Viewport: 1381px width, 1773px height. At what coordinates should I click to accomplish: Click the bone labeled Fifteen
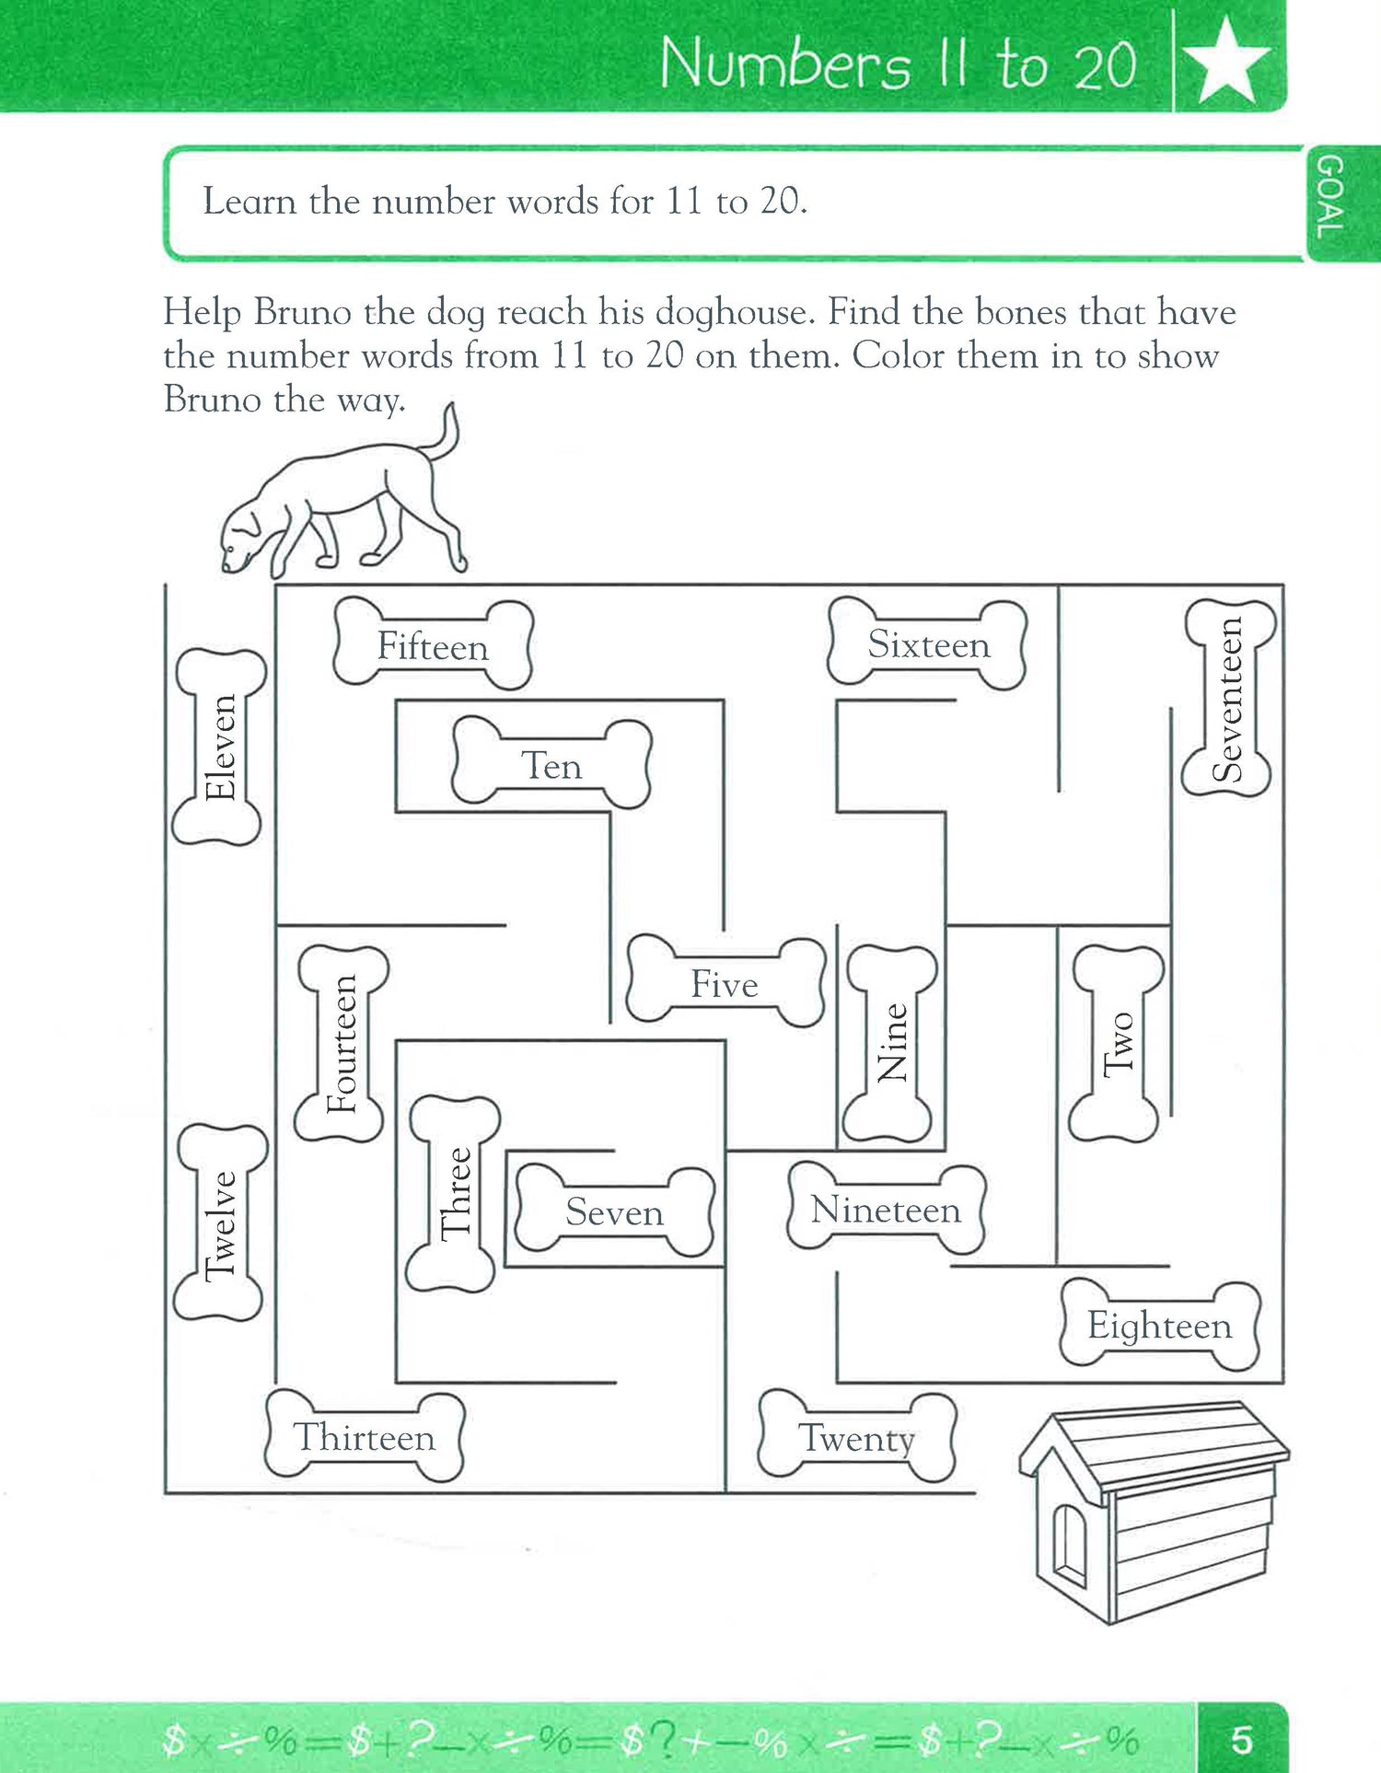click(433, 645)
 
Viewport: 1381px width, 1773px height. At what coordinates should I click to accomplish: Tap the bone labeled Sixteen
click(927, 643)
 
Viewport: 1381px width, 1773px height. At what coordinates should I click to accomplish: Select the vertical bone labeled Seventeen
click(1228, 699)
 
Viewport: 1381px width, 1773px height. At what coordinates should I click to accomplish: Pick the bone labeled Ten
click(551, 764)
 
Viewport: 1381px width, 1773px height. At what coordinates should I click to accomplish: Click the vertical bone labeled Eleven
click(219, 747)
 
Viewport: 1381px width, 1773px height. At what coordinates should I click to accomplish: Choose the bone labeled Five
click(725, 983)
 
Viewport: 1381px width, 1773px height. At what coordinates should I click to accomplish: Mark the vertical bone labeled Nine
click(890, 1043)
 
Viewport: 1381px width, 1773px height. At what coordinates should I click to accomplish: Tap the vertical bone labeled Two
click(1116, 1043)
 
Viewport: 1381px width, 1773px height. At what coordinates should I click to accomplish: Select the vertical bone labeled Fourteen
click(342, 1043)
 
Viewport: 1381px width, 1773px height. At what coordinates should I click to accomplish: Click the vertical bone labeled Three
click(454, 1194)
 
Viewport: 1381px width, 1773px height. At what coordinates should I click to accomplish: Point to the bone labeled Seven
click(614, 1211)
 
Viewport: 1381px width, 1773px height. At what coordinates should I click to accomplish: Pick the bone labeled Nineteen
click(886, 1208)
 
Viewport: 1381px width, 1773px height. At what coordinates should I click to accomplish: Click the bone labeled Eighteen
click(1159, 1325)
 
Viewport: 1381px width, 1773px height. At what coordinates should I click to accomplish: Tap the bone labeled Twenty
click(856, 1436)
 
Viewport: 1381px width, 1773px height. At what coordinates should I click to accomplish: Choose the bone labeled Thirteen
click(365, 1436)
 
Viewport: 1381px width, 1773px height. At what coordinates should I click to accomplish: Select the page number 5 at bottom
click(1241, 1740)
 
